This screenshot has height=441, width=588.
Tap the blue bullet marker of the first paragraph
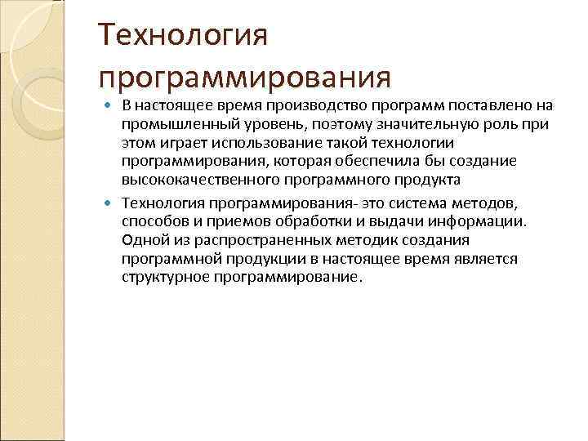click(x=111, y=106)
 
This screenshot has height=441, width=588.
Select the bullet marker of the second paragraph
click(x=111, y=203)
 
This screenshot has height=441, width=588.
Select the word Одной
click(x=141, y=239)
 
